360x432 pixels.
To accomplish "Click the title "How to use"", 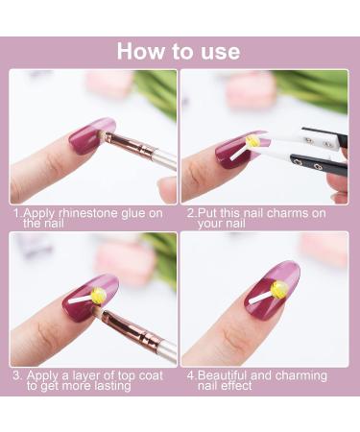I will pyautogui.click(x=180, y=51).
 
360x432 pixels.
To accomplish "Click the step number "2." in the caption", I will pyautogui.click(x=192, y=212).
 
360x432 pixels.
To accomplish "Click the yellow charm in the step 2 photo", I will pyautogui.click(x=252, y=141).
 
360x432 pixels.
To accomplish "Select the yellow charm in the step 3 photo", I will pyautogui.click(x=78, y=294).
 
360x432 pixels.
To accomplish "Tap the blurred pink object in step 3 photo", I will pyautogui.click(x=125, y=259).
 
